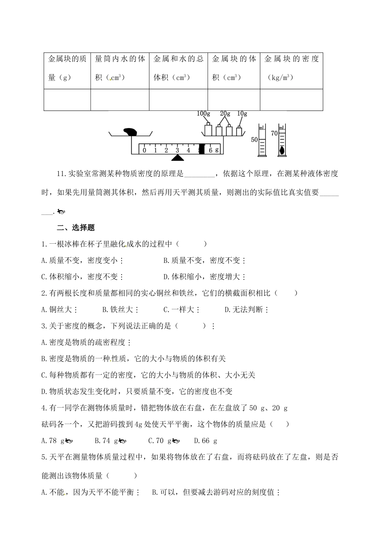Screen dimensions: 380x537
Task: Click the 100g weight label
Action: [203, 114]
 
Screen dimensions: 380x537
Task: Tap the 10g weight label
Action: [242, 114]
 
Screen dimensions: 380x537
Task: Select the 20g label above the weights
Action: [225, 114]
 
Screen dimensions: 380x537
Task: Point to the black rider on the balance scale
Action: [202, 149]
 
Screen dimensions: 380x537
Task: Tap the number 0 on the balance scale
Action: [144, 150]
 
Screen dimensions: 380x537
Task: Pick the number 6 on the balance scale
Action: [210, 150]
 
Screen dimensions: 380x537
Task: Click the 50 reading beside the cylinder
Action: [254, 140]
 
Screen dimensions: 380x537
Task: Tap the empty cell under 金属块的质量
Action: [67, 100]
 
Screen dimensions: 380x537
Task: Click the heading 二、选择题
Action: [76, 228]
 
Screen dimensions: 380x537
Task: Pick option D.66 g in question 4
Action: [206, 441]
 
